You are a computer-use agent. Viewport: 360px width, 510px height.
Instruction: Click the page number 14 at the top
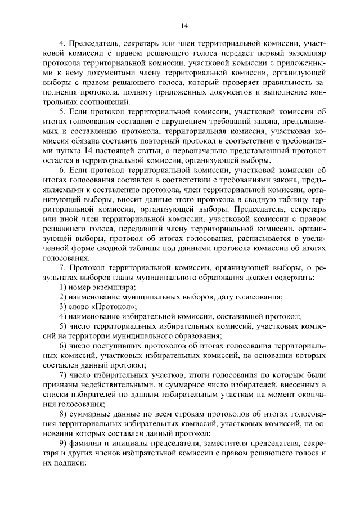click(184, 25)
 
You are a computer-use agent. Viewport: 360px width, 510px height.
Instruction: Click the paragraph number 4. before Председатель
click(62, 43)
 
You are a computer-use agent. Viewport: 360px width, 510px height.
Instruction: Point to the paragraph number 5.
click(62, 112)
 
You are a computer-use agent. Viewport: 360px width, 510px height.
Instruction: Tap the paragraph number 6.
click(62, 171)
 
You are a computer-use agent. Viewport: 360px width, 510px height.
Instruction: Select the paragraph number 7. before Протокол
click(62, 267)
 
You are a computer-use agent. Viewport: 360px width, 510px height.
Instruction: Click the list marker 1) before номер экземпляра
click(63, 288)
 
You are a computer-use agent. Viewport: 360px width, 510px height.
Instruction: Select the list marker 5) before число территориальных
click(63, 326)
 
